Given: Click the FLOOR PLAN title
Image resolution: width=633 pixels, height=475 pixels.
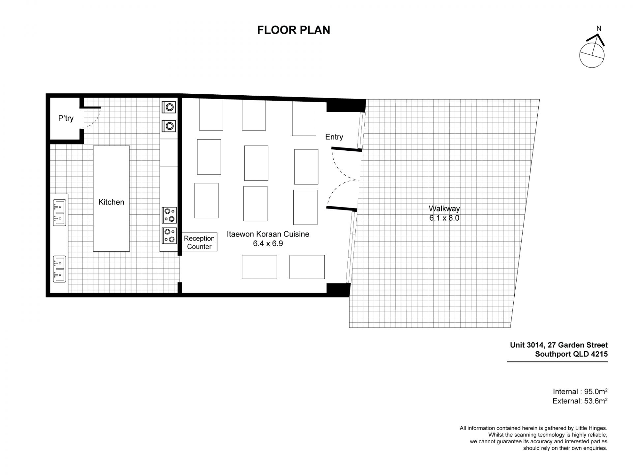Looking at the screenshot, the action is (293, 30).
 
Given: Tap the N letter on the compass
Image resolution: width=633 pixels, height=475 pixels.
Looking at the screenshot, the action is (599, 29).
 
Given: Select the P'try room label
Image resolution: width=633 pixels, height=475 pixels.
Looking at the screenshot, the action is (66, 118).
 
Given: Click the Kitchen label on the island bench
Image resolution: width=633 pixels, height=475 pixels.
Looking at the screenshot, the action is (111, 202).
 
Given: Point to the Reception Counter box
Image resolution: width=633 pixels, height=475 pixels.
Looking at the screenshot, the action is (199, 242).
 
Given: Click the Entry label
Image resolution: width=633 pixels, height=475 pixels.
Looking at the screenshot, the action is (334, 137).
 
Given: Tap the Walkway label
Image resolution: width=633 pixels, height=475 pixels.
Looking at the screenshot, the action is (444, 208).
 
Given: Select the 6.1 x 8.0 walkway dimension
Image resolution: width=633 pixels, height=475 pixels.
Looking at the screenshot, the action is (444, 218).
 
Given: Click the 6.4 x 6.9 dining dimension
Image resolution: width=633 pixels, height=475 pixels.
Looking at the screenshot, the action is (268, 244).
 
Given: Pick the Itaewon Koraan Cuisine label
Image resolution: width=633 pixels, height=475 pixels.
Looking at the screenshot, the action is (268, 234).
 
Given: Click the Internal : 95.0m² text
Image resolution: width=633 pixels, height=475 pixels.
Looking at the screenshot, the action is (580, 392).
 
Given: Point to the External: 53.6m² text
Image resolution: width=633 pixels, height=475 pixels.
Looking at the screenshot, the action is (580, 401).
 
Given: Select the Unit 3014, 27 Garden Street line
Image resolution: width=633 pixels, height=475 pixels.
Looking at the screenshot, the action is (559, 345).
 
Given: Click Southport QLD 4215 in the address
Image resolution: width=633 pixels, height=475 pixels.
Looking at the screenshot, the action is (571, 354).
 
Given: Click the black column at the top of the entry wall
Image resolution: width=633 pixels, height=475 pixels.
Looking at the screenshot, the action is (346, 106).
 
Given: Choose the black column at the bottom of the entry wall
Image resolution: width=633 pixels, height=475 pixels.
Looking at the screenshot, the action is (338, 290).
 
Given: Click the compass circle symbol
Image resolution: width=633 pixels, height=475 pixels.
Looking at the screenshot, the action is (592, 55).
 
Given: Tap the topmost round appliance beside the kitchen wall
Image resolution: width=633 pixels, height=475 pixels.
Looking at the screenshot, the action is (169, 107).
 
